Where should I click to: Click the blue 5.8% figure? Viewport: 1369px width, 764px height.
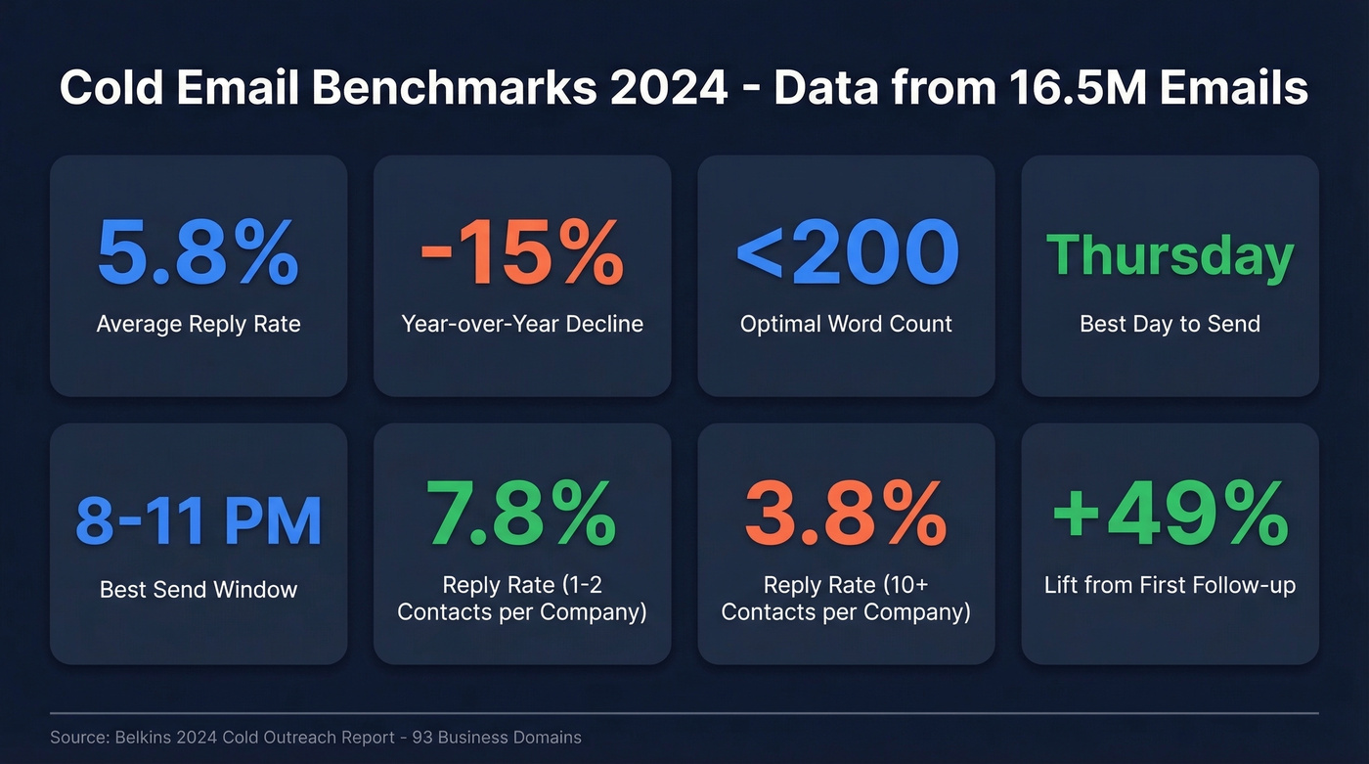pos(198,252)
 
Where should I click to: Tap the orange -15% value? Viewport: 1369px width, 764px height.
pos(521,252)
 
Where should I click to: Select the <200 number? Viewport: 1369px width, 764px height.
pos(846,252)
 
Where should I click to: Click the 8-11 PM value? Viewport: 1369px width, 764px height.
pos(199,521)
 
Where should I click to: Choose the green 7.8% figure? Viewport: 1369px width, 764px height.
pos(521,516)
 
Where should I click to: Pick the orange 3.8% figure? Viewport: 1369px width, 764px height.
pos(846,516)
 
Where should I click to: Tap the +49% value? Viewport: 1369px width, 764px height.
pos(1170,516)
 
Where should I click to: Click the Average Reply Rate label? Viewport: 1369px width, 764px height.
pos(199,324)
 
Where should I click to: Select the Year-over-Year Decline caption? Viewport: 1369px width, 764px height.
pos(522,324)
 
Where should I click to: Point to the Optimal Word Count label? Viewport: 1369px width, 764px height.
pos(846,324)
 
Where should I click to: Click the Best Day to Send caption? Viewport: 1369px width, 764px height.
pos(1170,324)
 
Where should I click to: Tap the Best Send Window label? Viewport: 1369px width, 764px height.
pos(199,590)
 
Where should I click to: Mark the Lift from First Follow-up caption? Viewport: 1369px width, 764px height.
pos(1170,585)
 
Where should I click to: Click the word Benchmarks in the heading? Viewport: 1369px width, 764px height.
pos(453,88)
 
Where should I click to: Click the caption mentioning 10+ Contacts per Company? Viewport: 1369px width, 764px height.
pos(846,599)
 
